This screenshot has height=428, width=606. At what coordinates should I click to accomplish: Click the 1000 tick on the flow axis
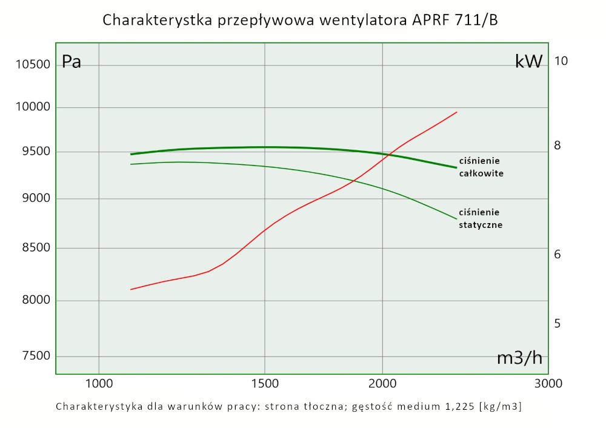click(99, 384)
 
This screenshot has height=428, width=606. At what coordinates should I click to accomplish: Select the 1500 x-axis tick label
click(265, 384)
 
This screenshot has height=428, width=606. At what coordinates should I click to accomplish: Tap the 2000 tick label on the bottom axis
click(382, 384)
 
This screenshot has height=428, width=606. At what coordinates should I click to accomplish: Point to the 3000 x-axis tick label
click(549, 384)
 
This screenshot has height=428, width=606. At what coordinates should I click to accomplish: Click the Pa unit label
click(72, 62)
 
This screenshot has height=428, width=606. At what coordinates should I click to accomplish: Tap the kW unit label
click(528, 61)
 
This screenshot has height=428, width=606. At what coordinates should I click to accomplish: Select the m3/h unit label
click(519, 358)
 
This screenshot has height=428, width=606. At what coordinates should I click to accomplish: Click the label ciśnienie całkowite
click(482, 167)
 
